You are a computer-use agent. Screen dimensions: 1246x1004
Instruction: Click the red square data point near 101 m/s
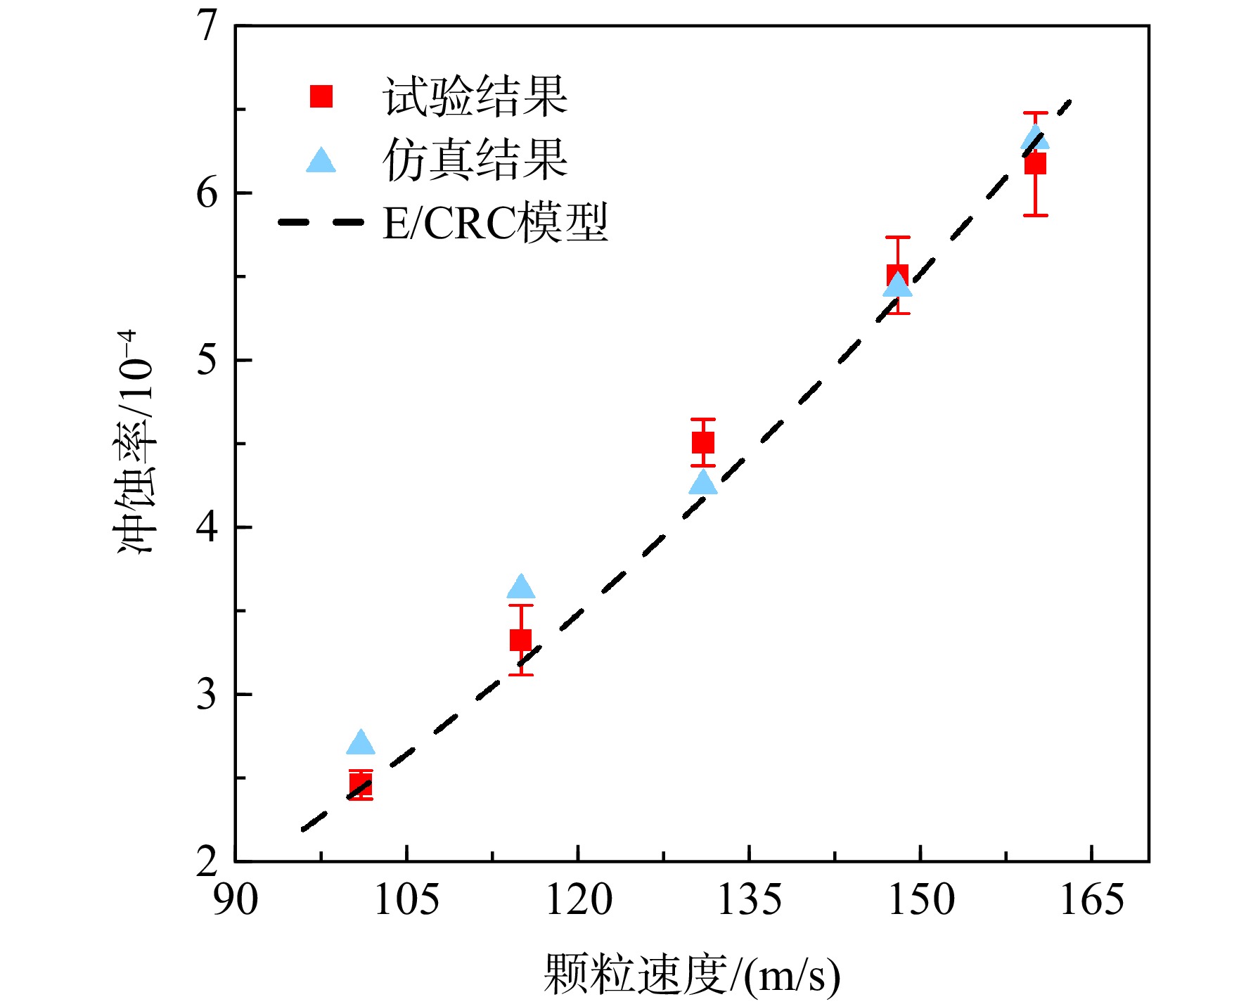pos(361,785)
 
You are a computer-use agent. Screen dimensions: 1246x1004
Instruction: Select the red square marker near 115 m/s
pos(520,640)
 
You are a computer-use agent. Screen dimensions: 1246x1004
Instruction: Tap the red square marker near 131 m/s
pos(703,442)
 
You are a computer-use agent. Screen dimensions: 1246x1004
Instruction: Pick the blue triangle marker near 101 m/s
pos(361,742)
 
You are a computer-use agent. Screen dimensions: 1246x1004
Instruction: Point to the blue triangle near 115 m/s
pos(520,586)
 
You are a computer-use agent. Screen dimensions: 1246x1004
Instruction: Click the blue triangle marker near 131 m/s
pos(703,482)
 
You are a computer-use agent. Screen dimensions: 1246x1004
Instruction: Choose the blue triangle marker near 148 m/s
pos(897,284)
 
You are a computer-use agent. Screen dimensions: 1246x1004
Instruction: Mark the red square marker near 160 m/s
pos(1035,163)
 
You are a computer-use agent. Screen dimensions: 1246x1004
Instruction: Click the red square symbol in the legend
pos(321,96)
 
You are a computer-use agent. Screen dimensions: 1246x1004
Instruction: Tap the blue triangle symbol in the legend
pos(321,160)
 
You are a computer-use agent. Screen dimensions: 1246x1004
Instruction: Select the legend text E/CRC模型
pos(495,223)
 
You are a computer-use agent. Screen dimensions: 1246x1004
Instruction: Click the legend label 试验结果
pos(475,96)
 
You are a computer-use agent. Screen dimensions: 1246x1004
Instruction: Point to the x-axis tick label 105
pos(406,899)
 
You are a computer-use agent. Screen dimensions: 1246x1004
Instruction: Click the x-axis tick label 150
pos(920,899)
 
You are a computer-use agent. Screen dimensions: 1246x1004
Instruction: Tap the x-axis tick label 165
pos(1091,899)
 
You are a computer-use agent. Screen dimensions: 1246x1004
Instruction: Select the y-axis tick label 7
pos(207,26)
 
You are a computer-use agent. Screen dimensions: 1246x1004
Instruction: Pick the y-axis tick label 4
pos(207,527)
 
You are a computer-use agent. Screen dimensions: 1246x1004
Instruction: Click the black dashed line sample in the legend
pos(321,222)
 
